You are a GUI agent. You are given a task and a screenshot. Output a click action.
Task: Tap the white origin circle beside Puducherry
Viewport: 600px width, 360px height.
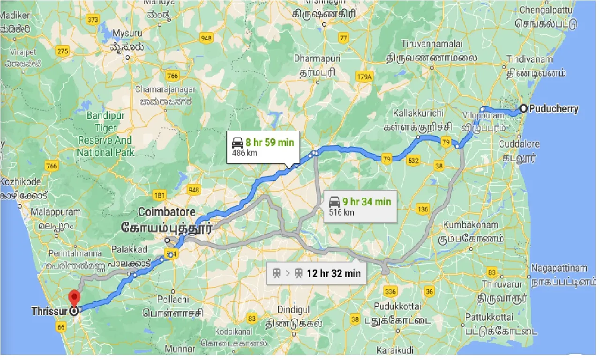524,109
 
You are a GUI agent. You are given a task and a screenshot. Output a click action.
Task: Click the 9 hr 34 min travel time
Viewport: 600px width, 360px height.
366,202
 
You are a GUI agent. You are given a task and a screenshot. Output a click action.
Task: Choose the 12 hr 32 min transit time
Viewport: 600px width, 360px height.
334,273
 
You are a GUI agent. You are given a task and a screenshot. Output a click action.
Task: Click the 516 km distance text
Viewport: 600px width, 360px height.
341,212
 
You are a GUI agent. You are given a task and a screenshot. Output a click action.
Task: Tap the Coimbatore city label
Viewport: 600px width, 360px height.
166,212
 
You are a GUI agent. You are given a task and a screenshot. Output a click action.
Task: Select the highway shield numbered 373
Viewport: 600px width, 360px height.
93,19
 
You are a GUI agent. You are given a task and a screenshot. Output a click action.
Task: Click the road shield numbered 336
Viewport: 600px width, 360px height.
390,292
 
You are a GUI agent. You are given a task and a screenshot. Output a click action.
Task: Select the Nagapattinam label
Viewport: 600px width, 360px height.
559,268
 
